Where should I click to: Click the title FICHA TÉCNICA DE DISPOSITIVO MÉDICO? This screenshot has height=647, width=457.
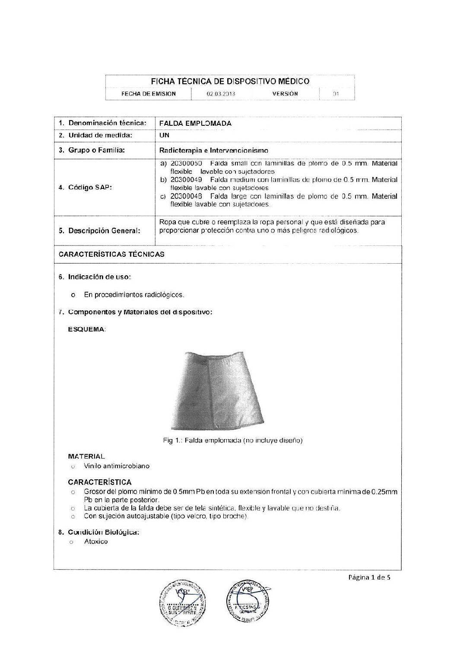[x=229, y=81]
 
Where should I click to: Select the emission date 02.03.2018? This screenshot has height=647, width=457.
[x=221, y=93]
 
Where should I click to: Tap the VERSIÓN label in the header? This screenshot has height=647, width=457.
[x=285, y=93]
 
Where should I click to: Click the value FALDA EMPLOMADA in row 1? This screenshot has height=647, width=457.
[x=195, y=123]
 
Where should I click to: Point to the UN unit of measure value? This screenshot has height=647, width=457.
[x=164, y=135]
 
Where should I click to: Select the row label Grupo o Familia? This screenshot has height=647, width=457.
[x=92, y=150]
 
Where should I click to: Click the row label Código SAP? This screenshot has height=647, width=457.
[x=85, y=188]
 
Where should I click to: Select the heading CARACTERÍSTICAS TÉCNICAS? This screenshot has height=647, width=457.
[x=111, y=254]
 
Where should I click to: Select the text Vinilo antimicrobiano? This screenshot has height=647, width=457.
[x=117, y=466]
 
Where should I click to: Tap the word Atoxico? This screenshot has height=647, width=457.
[x=96, y=542]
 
